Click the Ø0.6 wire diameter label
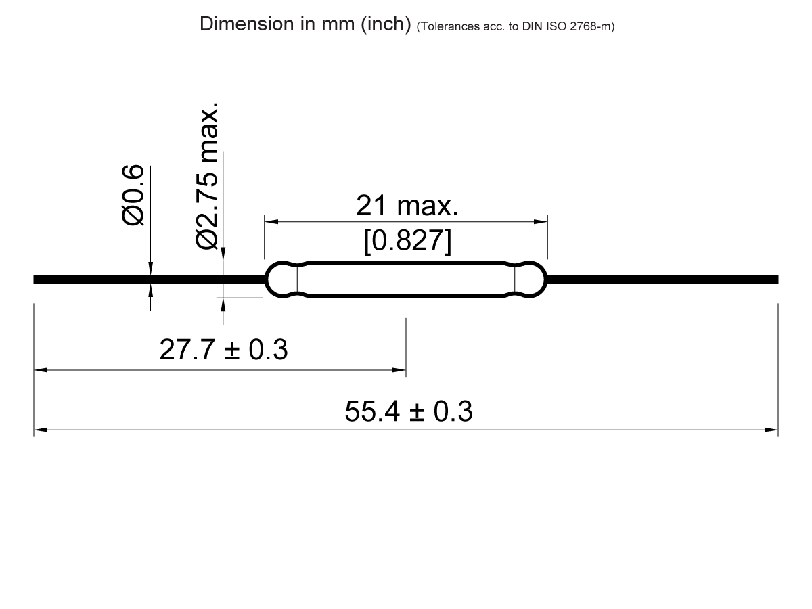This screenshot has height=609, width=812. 133,194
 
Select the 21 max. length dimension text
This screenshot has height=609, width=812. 407,206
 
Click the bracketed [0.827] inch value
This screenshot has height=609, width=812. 407,242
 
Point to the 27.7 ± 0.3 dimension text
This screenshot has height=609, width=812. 223,351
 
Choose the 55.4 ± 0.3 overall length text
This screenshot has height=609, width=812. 408,411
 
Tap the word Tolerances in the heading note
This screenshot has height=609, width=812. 443,27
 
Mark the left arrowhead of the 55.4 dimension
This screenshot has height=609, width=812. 39,430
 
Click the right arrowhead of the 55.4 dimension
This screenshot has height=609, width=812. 772,430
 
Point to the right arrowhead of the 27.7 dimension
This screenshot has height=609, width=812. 401,370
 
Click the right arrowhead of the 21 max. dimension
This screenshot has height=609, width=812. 541,221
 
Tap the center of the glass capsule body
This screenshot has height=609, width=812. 406,279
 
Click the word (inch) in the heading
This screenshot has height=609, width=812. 386,25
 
